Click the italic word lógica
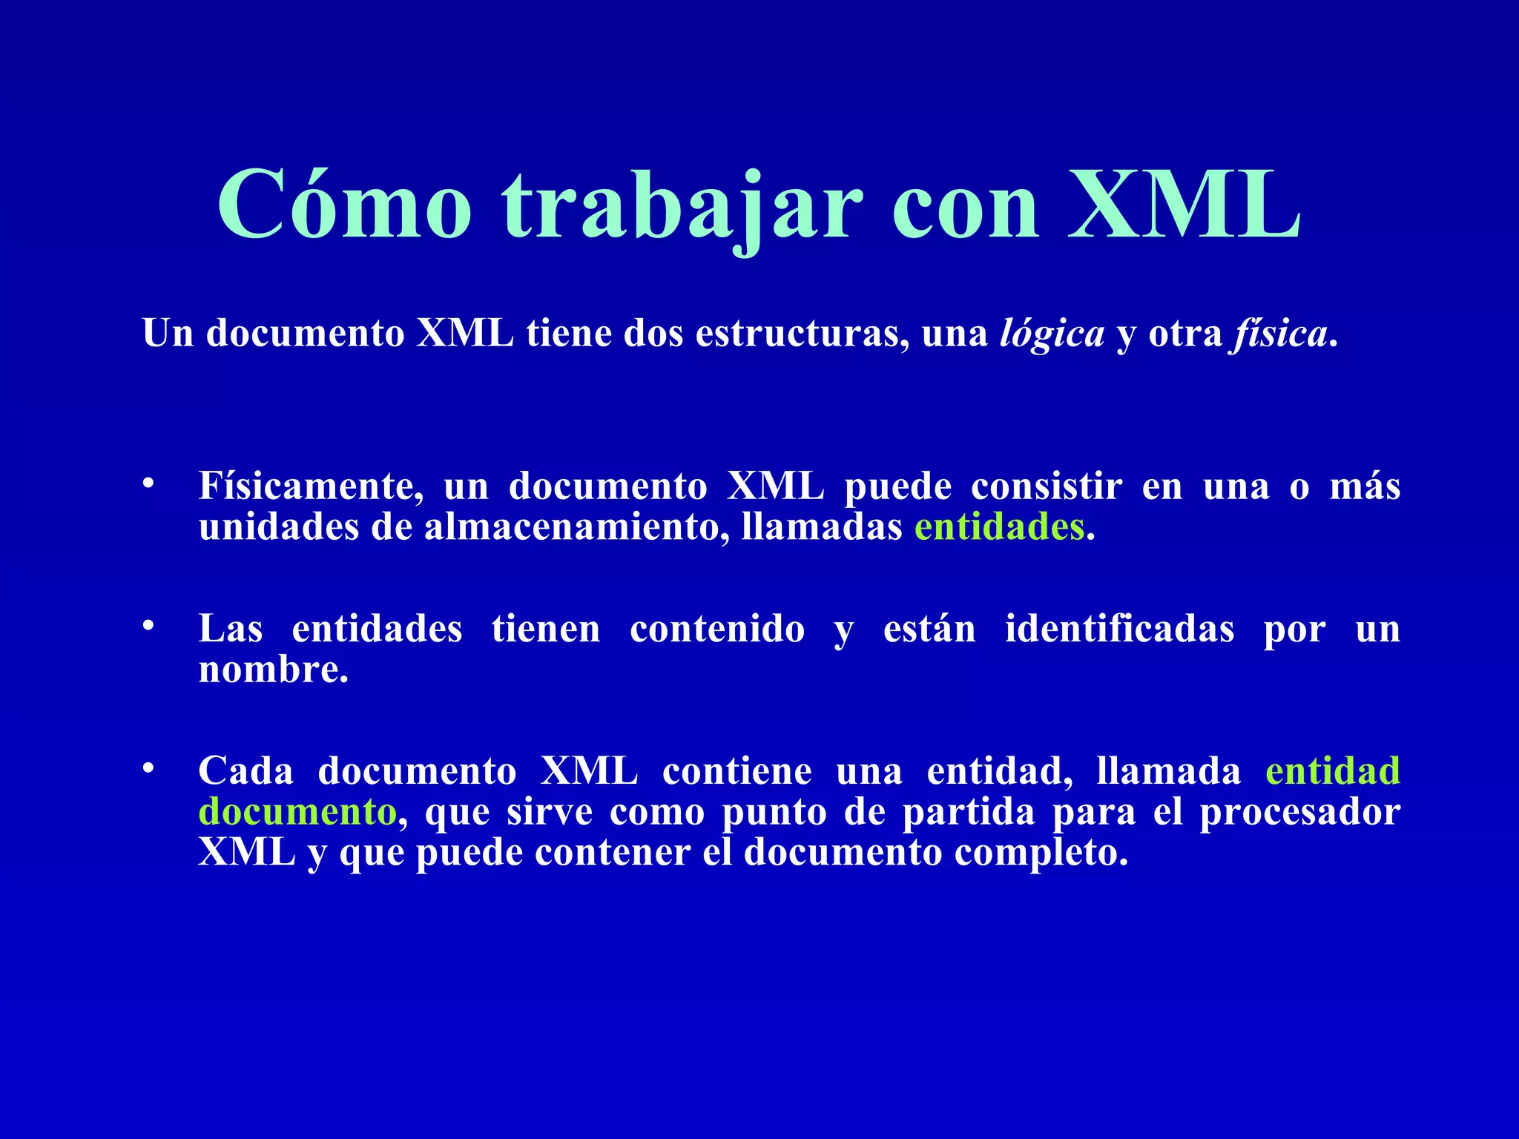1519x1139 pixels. pyautogui.click(x=1052, y=334)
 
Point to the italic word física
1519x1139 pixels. pyautogui.click(x=1280, y=334)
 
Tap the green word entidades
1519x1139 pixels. pyautogui.click(x=999, y=527)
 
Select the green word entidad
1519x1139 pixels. pyautogui.click(x=1332, y=770)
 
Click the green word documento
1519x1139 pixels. pyautogui.click(x=297, y=811)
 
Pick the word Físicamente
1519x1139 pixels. pyautogui.click(x=311, y=486)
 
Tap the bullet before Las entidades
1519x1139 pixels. pyautogui.click(x=148, y=627)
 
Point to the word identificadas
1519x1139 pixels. pyautogui.click(x=1119, y=629)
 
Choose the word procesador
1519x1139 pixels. pyautogui.click(x=1299, y=813)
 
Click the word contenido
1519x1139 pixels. pyautogui.click(x=716, y=629)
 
